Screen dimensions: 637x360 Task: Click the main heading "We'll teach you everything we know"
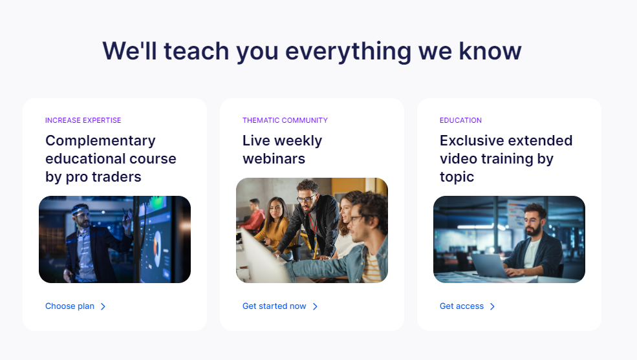point(312,52)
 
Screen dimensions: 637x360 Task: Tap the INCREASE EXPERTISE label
point(83,120)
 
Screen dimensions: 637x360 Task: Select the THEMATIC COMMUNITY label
point(285,120)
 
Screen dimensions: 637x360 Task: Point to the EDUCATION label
point(460,120)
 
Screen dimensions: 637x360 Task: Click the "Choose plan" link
point(69,306)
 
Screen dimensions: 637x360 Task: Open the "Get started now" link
point(274,306)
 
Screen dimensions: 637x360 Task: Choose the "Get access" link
point(462,306)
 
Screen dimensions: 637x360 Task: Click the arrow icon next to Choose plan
point(103,306)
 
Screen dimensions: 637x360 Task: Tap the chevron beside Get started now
point(315,306)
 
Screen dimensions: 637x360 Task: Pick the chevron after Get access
point(492,306)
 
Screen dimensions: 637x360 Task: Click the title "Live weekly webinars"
point(283,149)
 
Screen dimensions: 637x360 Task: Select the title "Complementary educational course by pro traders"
point(111,159)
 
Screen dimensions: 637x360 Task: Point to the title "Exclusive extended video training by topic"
point(506,159)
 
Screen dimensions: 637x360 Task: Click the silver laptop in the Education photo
point(490,265)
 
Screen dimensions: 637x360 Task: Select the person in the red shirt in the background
point(254,217)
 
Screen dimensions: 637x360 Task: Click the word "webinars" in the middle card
point(274,159)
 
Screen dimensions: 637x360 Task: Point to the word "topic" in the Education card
point(457,177)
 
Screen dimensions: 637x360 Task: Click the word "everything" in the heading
point(348,52)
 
